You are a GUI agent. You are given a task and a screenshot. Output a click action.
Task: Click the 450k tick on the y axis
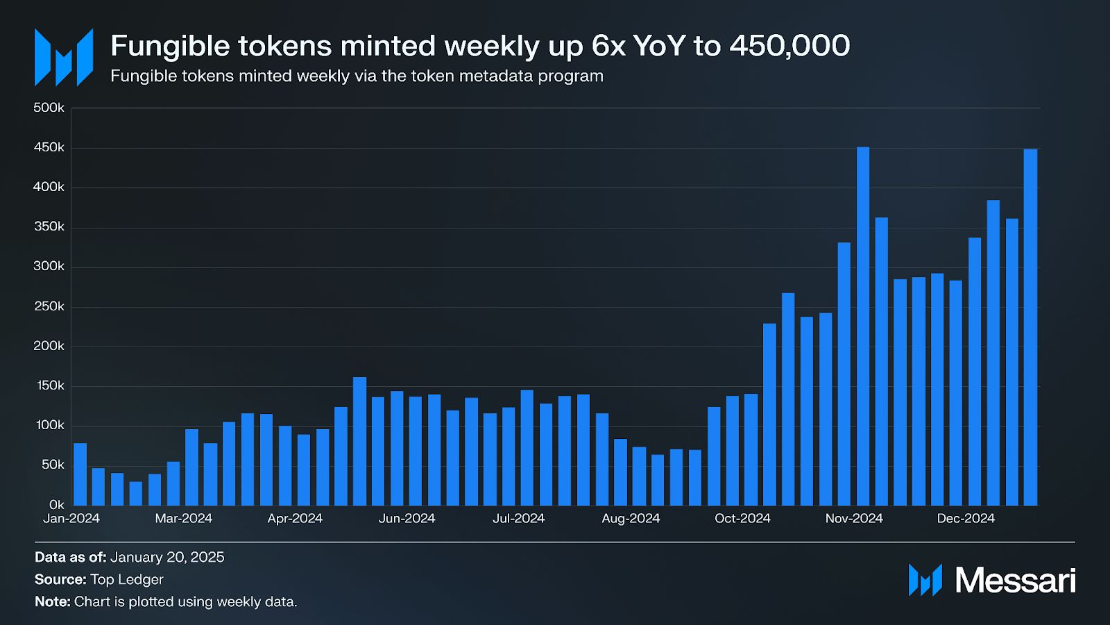[49, 147]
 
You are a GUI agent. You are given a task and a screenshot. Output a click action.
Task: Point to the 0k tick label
[56, 505]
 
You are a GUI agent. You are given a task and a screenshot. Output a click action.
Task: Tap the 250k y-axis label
[49, 306]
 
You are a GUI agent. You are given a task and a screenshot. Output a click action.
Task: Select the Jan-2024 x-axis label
[71, 519]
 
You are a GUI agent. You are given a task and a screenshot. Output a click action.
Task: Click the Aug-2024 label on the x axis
[631, 519]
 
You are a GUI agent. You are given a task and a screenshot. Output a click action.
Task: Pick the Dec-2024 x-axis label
[966, 519]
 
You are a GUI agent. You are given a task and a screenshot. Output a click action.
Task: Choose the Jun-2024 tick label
[407, 519]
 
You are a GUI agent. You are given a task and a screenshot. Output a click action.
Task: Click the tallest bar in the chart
[863, 326]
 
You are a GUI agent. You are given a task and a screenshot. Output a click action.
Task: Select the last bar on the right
[1030, 327]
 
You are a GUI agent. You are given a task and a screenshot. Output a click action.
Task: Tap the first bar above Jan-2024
[80, 474]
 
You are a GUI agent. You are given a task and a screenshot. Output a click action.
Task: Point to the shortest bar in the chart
[136, 493]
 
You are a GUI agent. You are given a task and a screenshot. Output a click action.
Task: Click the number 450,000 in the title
[789, 47]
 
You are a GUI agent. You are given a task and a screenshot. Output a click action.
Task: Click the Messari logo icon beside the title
[64, 58]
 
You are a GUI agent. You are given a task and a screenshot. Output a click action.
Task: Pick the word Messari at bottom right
[1016, 581]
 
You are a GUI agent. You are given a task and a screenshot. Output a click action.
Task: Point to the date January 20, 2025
[167, 558]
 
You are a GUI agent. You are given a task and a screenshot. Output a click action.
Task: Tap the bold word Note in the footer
[51, 602]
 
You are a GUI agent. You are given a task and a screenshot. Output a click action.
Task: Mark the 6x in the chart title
[608, 47]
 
